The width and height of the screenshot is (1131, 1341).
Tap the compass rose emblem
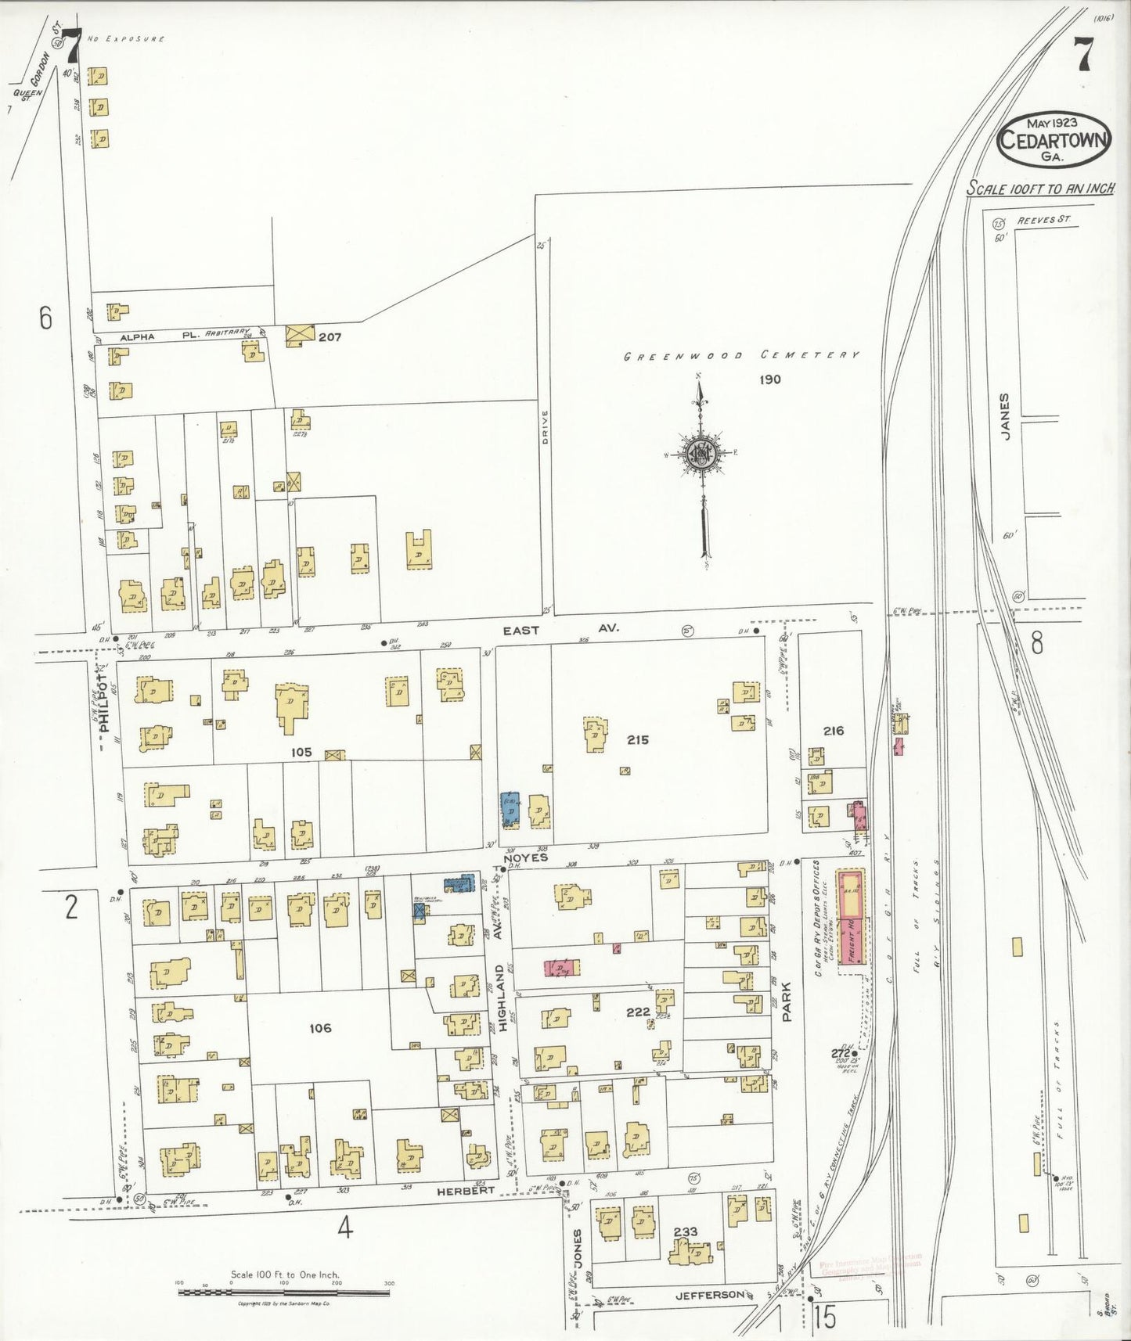701,453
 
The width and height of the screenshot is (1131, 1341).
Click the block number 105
301,752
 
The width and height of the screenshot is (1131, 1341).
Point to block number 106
320,1028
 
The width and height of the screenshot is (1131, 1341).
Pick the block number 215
637,739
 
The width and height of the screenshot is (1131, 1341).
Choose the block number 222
638,1012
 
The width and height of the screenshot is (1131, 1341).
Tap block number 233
686,1231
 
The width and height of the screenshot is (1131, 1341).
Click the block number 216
833,731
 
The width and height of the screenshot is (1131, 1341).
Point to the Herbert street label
466,1190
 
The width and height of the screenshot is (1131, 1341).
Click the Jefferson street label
709,1295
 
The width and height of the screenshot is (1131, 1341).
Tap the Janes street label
1005,416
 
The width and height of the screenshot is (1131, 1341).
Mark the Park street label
787,1003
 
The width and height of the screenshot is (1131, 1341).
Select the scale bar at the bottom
284,1292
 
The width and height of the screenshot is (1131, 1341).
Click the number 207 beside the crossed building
330,337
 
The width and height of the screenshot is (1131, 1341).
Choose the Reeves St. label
1043,221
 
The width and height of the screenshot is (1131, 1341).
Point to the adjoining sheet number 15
824,1318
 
